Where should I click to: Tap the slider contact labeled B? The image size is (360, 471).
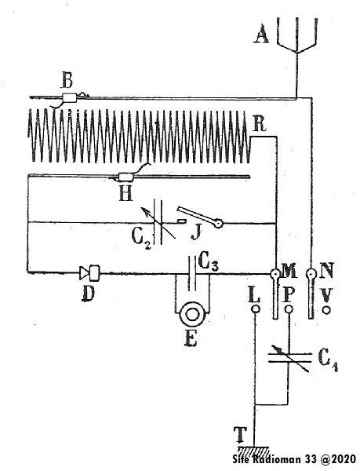pyautogui.click(x=70, y=98)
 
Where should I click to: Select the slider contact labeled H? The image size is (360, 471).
pyautogui.click(x=126, y=177)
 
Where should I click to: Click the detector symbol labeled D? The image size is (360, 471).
pyautogui.click(x=89, y=272)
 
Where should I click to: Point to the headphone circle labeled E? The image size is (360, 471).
pyautogui.click(x=191, y=314)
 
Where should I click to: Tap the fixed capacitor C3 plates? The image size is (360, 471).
pyautogui.click(x=193, y=272)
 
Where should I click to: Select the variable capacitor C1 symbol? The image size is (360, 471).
pyautogui.click(x=289, y=358)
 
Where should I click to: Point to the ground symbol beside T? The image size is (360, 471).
pyautogui.click(x=254, y=451)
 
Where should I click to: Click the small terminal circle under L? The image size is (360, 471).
pyautogui.click(x=256, y=309)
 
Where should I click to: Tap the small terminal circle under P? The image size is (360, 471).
pyautogui.click(x=289, y=309)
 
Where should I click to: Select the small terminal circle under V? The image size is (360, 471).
pyautogui.click(x=326, y=310)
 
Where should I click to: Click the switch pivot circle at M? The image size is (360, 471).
pyautogui.click(x=275, y=274)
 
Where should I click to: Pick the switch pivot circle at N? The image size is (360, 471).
pyautogui.click(x=311, y=274)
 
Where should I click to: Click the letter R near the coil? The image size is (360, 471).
pyautogui.click(x=259, y=125)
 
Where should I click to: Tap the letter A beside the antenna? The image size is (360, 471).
pyautogui.click(x=261, y=35)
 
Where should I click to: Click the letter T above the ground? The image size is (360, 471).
pyautogui.click(x=241, y=435)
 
